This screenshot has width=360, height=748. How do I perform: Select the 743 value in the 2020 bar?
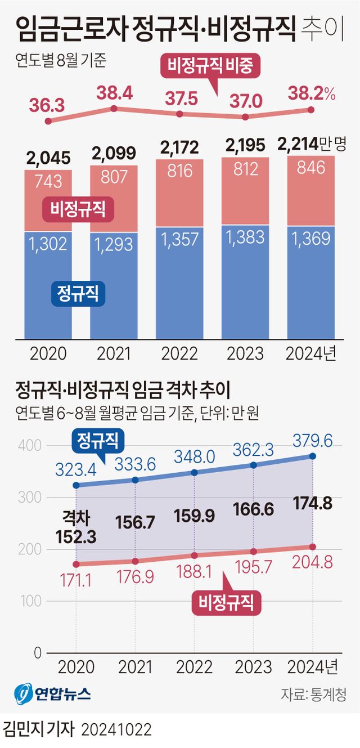pos(48,182)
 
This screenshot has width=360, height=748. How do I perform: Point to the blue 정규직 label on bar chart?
pos(78,294)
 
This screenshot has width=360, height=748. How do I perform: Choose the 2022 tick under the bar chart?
pos(179,353)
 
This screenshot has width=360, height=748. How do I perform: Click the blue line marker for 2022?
pos(195,473)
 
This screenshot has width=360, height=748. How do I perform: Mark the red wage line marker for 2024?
pos(313,547)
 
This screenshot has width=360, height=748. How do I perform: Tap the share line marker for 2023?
pos(245,117)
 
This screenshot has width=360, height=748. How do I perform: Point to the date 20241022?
pos(116,730)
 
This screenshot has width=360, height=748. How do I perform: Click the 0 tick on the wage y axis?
pos(38,653)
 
